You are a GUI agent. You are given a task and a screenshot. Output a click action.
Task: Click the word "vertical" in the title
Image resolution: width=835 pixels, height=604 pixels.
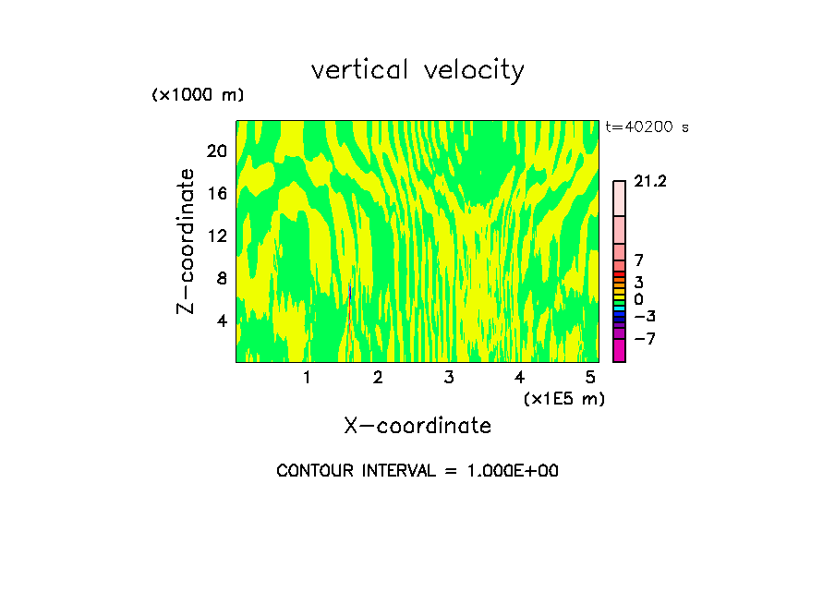[360, 70]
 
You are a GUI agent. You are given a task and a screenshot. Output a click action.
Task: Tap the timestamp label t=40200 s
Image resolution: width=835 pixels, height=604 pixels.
[647, 127]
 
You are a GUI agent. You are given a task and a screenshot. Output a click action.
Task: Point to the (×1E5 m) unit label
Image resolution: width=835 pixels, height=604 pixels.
[563, 398]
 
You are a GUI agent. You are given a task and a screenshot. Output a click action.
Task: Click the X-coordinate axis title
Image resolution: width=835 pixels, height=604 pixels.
[417, 426]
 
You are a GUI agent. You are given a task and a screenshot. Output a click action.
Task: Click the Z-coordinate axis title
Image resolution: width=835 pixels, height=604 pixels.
[187, 240]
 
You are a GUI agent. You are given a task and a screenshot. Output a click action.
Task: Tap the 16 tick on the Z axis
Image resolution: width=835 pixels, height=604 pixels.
[216, 193]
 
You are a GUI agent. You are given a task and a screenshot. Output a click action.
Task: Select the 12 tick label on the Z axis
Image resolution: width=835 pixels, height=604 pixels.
[216, 236]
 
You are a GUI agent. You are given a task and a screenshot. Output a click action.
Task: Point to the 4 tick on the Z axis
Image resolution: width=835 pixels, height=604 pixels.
[222, 320]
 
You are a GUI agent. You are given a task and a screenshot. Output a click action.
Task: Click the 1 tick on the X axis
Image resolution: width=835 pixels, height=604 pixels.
[307, 377]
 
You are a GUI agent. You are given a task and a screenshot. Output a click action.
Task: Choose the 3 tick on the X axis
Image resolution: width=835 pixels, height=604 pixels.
[449, 377]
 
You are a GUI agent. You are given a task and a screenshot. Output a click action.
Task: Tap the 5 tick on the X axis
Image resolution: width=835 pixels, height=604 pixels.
[591, 377]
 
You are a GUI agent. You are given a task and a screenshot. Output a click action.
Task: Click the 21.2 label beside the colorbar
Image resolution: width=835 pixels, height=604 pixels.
[650, 182]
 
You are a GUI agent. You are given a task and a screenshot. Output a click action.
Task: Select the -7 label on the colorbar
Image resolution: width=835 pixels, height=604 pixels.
[645, 339]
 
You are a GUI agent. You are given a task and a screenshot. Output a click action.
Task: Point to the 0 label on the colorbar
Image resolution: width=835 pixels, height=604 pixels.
[638, 300]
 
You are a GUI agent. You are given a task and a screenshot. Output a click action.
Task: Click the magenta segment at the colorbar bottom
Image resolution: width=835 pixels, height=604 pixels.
[619, 351]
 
